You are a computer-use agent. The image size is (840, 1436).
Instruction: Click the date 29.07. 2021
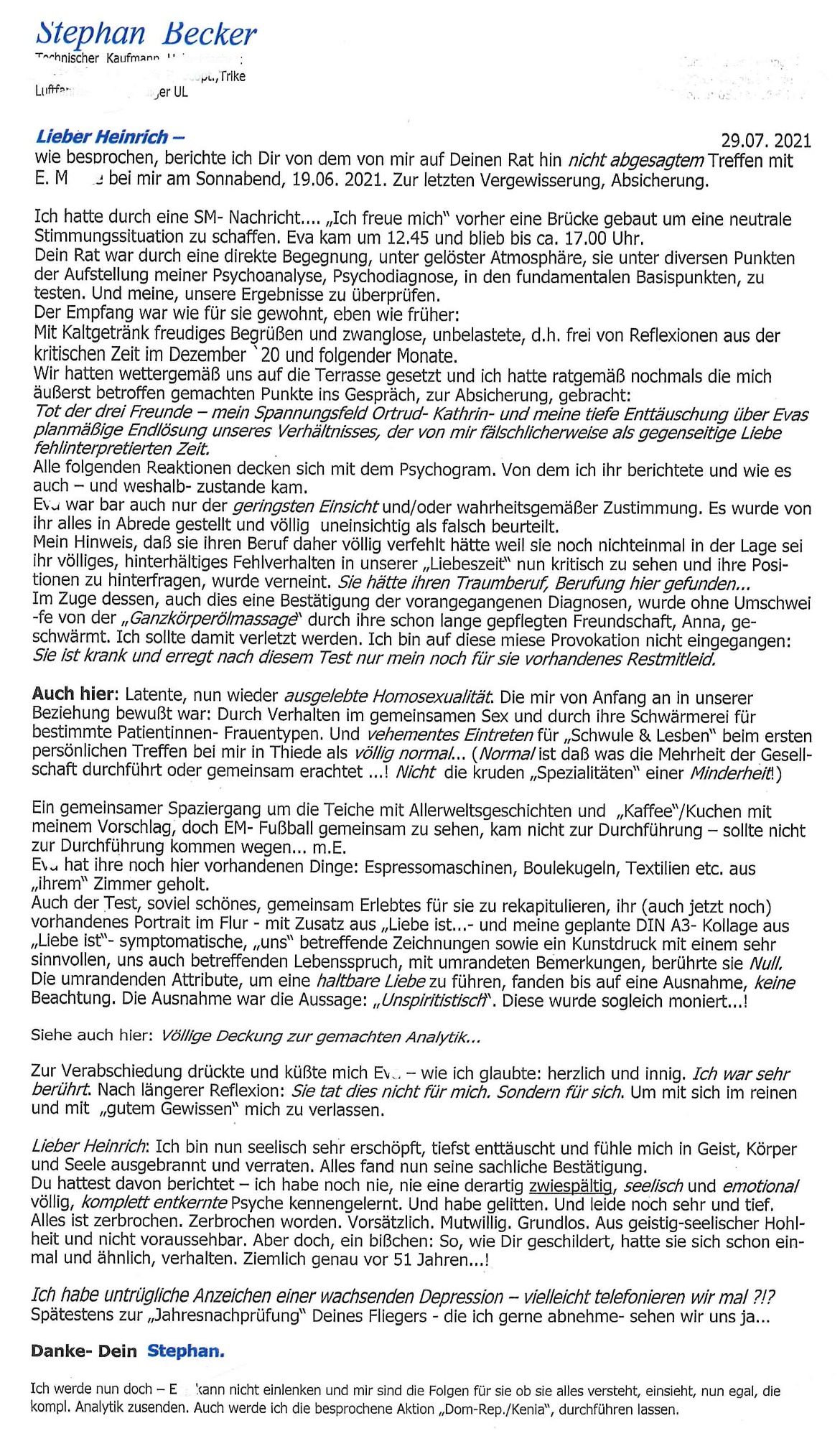(765, 141)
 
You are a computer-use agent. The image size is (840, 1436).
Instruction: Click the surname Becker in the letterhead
(209, 34)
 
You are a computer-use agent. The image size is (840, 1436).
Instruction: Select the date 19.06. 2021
(337, 179)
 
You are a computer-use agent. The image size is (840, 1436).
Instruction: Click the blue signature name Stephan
(185, 1351)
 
